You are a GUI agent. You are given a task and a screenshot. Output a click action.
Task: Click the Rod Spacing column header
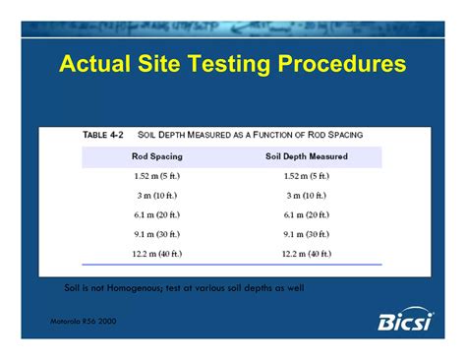[156, 155]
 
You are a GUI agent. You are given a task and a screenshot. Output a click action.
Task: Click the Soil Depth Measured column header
[307, 155]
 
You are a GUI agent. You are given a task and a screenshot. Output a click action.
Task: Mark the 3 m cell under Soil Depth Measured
[307, 195]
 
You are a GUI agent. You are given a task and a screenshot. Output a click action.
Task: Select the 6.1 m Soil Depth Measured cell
[307, 214]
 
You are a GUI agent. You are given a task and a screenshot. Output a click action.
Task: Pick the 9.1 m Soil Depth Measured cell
[307, 234]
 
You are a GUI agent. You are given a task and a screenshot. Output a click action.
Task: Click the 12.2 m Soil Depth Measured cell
[307, 254]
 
